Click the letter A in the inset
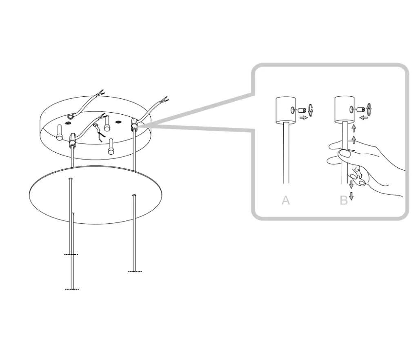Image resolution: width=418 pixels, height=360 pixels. [x=285, y=200]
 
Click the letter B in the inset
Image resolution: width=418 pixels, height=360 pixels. [x=344, y=200]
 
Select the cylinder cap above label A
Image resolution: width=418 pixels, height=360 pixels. [x=285, y=110]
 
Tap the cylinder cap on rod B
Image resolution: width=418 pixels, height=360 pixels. [x=345, y=110]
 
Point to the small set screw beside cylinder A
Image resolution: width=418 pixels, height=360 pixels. [x=302, y=110]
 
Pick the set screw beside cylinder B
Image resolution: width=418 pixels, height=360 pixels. [x=361, y=109]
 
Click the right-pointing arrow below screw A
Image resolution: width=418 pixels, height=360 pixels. [x=304, y=118]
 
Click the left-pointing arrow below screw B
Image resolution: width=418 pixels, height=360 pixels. [x=364, y=117]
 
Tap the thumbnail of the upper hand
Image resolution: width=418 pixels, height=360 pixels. [x=346, y=153]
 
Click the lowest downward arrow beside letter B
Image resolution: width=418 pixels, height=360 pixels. [x=351, y=196]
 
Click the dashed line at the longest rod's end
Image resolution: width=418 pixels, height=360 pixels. [x=72, y=289]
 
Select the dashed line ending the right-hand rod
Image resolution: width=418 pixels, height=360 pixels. [x=135, y=272]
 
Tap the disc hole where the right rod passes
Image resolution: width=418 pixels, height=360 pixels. [x=134, y=196]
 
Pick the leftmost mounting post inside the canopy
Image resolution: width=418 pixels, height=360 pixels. [x=60, y=132]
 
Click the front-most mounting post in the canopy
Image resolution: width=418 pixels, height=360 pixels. [x=111, y=147]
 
